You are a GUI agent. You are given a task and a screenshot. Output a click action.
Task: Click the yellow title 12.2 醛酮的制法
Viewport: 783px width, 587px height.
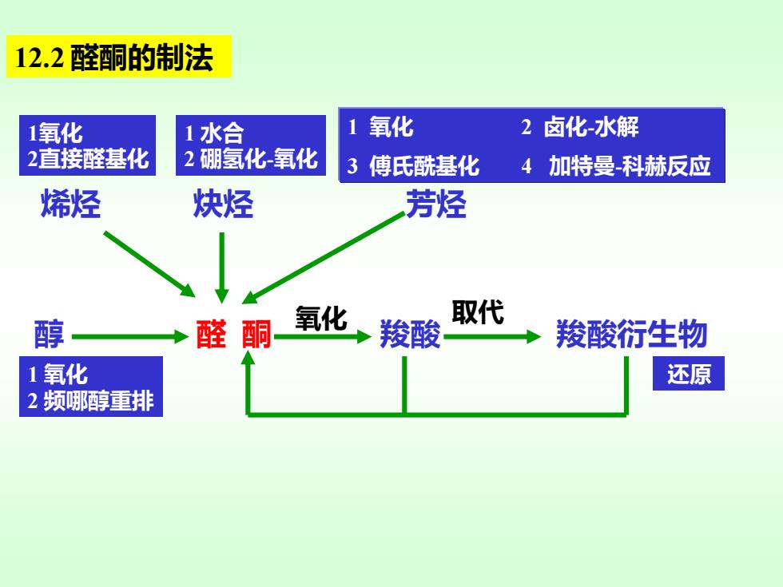click(118, 57)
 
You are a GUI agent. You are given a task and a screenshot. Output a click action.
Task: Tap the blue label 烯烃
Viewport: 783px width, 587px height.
click(70, 204)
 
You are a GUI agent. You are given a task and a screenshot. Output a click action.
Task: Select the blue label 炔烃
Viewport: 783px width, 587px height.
click(223, 204)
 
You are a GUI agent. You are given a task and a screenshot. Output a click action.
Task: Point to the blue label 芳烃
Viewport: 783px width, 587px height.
click(436, 204)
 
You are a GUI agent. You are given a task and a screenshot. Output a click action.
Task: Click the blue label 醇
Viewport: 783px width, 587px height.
click(49, 334)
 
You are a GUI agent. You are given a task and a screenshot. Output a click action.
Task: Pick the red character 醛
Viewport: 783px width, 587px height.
click(211, 334)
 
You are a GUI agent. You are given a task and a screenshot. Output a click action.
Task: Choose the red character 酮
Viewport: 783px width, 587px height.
click(256, 334)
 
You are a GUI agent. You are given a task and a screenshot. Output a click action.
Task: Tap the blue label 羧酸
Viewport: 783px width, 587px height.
click(410, 334)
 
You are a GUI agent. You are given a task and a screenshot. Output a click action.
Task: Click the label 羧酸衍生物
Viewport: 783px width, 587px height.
click(632, 334)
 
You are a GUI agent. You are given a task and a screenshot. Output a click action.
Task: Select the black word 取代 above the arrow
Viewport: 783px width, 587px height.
click(478, 312)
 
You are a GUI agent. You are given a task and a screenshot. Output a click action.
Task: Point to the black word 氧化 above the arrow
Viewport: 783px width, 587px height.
click(321, 318)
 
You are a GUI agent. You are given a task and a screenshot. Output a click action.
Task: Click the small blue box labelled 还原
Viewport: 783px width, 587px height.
click(689, 374)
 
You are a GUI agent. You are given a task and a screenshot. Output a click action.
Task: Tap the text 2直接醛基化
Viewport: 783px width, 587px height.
click(88, 159)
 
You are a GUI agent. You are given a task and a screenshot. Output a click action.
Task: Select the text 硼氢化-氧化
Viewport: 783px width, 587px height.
click(259, 159)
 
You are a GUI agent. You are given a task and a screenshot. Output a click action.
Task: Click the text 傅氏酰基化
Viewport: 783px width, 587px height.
click(424, 166)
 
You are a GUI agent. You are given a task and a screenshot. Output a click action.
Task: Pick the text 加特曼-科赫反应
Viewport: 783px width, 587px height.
click(630, 166)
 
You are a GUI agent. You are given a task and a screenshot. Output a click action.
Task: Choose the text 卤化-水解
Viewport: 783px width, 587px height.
click(591, 127)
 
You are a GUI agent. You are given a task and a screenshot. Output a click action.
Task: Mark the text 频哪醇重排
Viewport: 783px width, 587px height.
click(98, 401)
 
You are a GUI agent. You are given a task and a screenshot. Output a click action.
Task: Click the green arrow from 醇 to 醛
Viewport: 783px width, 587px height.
click(129, 336)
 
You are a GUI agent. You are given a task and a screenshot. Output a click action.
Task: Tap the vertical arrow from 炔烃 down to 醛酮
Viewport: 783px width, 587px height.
click(222, 268)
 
